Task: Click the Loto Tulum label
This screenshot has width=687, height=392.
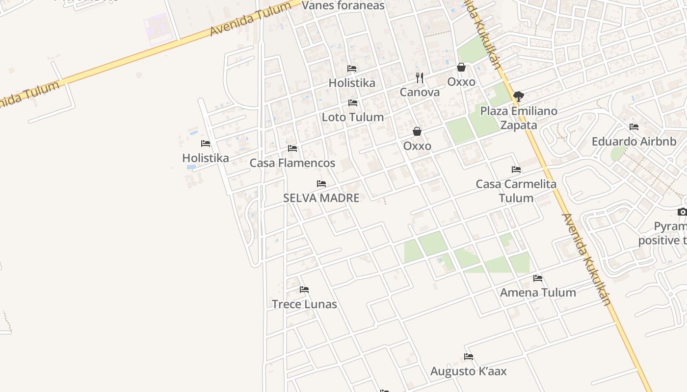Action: pyautogui.click(x=352, y=117)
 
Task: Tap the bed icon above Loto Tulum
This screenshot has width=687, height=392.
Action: pyautogui.click(x=352, y=103)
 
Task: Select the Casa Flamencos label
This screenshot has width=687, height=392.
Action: pyautogui.click(x=292, y=163)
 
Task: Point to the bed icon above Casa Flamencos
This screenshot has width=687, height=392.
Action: pyautogui.click(x=292, y=148)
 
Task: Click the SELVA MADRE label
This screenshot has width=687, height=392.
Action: pyautogui.click(x=321, y=198)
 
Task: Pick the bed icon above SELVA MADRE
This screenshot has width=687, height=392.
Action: pyautogui.click(x=321, y=184)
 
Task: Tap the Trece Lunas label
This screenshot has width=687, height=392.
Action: pyautogui.click(x=304, y=304)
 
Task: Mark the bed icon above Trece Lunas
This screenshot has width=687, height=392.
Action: pyautogui.click(x=304, y=290)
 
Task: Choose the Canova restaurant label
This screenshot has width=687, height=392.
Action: pyautogui.click(x=420, y=92)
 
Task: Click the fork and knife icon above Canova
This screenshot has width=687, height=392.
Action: pyautogui.click(x=420, y=77)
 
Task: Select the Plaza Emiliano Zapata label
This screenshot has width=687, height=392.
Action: pyautogui.click(x=519, y=118)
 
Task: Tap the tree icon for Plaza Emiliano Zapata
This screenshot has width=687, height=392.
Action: pyautogui.click(x=518, y=97)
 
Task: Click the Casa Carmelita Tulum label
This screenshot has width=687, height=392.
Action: pyautogui.click(x=516, y=191)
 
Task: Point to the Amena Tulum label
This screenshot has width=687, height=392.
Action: pyautogui.click(x=538, y=293)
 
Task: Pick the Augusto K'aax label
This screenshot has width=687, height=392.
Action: pyautogui.click(x=469, y=371)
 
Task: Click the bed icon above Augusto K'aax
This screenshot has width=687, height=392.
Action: pyautogui.click(x=469, y=357)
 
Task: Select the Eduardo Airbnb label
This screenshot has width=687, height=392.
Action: pyautogui.click(x=634, y=142)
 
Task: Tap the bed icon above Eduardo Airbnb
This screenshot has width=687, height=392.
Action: pyautogui.click(x=634, y=127)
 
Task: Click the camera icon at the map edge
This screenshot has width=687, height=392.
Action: pyautogui.click(x=682, y=212)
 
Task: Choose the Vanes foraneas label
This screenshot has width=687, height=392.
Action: pyautogui.click(x=343, y=6)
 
